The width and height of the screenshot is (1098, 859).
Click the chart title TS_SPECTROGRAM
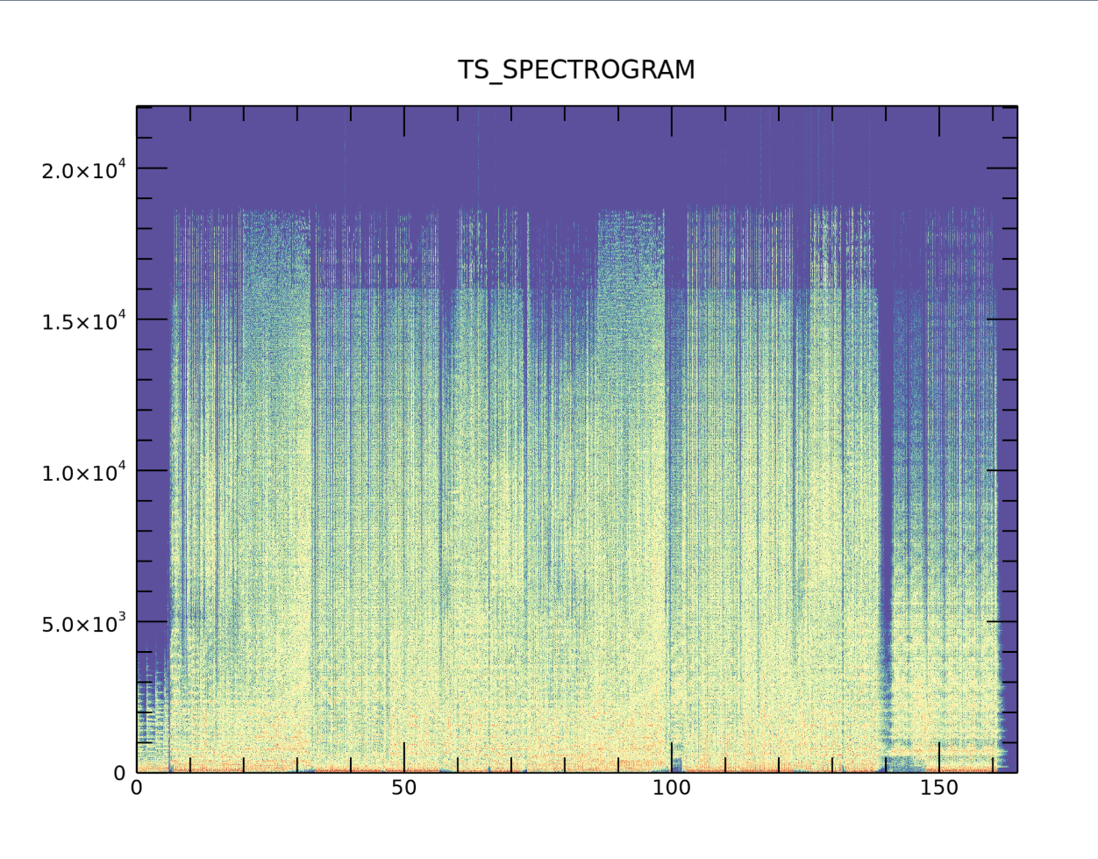pos(576,70)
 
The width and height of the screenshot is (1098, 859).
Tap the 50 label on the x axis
pos(403,788)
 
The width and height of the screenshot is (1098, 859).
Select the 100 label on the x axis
pos(672,788)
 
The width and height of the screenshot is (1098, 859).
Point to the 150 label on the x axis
pos(939,788)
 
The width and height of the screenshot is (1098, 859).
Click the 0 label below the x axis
pos(137,788)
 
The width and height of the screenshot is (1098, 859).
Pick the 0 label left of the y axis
pos(120,773)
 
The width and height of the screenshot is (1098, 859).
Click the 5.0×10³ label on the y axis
pos(84,622)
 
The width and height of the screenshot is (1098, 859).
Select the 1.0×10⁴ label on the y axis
pos(84,471)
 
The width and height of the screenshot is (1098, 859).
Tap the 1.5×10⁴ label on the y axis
pos(84,320)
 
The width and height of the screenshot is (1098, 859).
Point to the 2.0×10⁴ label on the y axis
pos(84,169)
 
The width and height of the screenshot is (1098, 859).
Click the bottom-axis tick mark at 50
pos(404,757)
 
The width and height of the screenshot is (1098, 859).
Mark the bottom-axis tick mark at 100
pos(672,757)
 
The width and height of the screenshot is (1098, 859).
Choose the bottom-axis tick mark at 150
pos(939,757)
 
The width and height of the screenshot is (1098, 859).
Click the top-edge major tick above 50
pos(404,121)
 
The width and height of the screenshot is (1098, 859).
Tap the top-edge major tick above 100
pos(672,121)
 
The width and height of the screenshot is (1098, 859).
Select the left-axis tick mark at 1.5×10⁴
pos(152,319)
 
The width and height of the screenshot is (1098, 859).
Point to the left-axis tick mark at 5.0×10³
pos(152,621)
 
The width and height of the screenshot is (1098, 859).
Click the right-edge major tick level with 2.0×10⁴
pos(1002,168)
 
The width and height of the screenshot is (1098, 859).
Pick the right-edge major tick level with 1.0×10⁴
pos(1002,470)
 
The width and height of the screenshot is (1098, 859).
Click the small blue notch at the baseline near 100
pos(676,764)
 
